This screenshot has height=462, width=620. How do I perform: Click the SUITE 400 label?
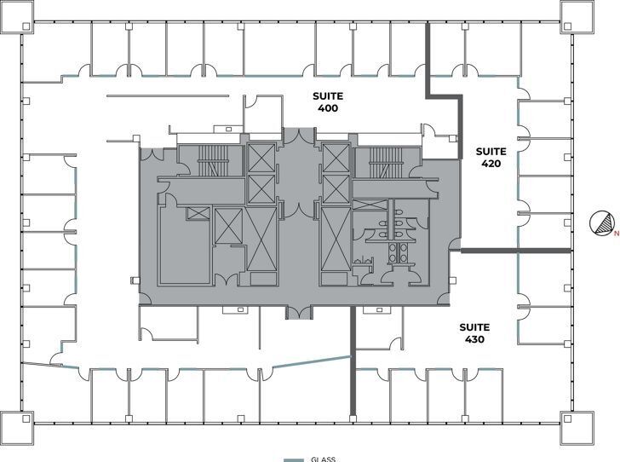click(328, 102)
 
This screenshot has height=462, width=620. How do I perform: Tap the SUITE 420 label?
click(491, 157)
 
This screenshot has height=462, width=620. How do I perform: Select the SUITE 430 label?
click(475, 333)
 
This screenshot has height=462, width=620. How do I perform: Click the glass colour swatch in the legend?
click(294, 459)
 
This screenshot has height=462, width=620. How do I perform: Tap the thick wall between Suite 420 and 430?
click(515, 251)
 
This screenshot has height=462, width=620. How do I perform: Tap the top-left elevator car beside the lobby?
click(261, 159)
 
